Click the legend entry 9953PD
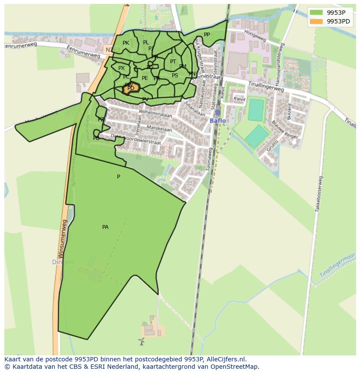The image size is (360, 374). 339,21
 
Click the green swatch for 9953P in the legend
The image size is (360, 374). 317,13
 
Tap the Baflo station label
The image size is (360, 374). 217,121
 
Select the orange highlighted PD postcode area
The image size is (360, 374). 131,88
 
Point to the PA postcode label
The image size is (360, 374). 105,227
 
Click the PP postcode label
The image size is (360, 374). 207,35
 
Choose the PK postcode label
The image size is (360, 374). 126,43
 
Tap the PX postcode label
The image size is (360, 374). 121,68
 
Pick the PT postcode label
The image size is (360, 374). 173,62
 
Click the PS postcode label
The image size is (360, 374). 175,76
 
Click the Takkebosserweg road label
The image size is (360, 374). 319,194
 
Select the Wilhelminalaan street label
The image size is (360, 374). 155,114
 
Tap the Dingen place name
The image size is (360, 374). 63,262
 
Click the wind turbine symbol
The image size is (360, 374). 141,341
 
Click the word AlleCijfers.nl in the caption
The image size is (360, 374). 225,359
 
